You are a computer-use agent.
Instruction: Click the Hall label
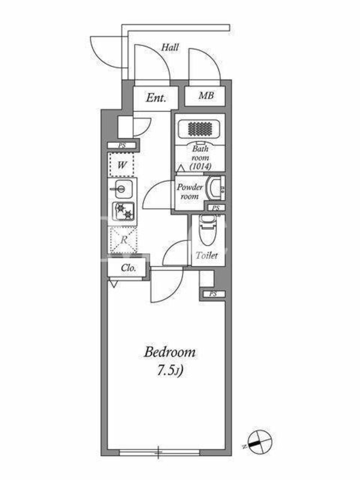170,47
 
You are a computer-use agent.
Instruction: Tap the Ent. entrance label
156,98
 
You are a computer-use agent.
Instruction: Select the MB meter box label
206,95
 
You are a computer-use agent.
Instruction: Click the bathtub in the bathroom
200,128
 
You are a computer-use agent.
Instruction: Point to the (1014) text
200,167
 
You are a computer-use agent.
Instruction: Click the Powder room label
190,191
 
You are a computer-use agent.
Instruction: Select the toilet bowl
208,230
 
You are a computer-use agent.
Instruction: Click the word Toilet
207,256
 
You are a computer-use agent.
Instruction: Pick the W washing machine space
122,165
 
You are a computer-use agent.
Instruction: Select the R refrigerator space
124,240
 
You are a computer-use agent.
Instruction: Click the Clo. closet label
128,268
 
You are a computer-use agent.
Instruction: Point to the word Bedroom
170,352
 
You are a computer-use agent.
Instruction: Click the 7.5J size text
170,371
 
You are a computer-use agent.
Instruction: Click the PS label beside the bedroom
213,294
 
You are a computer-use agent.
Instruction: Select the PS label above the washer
122,146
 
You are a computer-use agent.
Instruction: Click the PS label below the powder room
216,208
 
